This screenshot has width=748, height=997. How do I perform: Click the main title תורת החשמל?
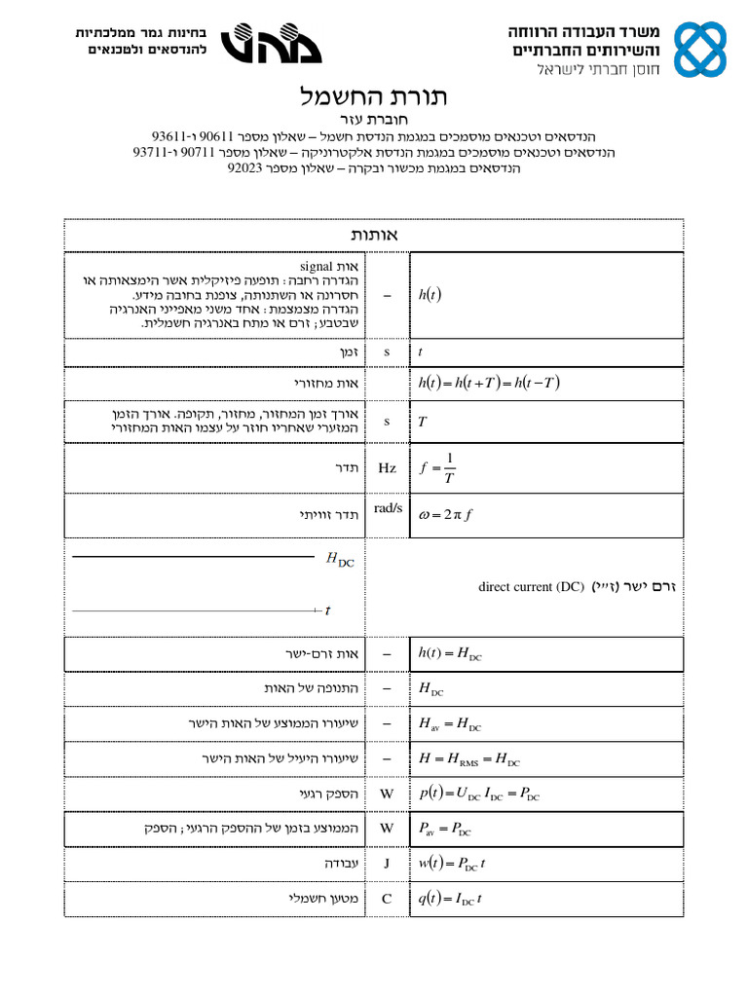click(374, 98)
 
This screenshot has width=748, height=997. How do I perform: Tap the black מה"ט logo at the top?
click(260, 44)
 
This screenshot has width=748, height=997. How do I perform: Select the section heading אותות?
click(374, 235)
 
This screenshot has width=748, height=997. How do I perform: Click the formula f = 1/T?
click(437, 467)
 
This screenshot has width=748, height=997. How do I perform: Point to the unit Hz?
click(387, 468)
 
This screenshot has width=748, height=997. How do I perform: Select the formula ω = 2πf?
click(445, 515)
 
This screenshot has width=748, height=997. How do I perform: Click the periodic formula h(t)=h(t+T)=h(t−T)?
click(489, 382)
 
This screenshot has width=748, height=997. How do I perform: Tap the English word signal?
click(317, 265)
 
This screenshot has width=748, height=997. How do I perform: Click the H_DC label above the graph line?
click(340, 559)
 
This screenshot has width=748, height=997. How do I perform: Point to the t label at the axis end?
click(327, 610)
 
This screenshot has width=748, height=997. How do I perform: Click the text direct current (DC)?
click(531, 587)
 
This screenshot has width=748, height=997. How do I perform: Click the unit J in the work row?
click(387, 864)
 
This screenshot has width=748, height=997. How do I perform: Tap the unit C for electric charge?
click(387, 899)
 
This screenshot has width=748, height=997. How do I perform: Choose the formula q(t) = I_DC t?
click(450, 899)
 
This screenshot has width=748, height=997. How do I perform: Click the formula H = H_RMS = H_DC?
click(468, 759)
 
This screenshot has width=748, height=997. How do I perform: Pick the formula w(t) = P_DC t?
click(452, 864)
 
